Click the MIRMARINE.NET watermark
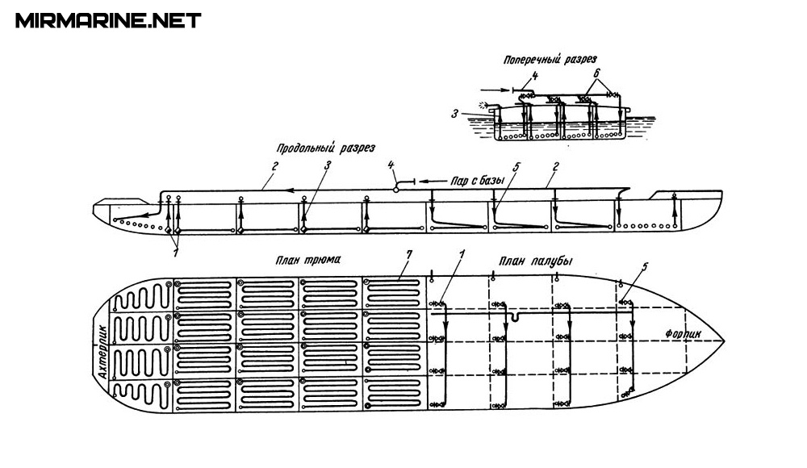pos(108,20)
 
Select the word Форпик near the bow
pos(684,332)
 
